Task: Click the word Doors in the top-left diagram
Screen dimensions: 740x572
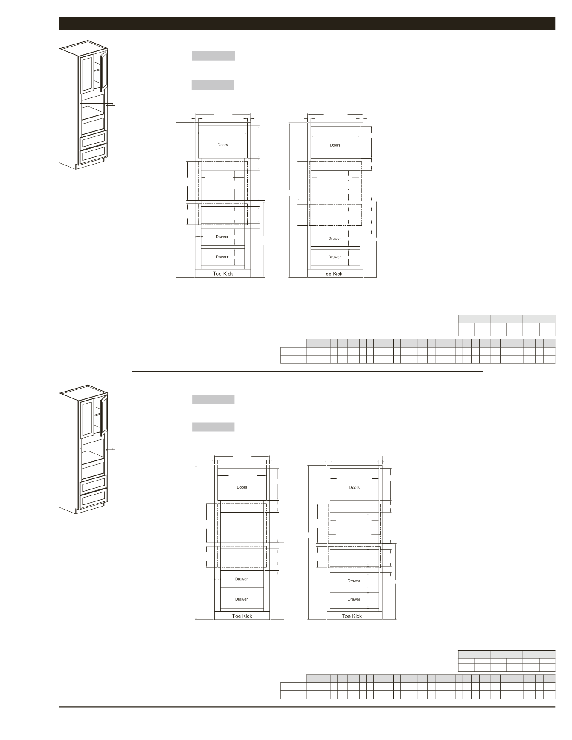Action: tap(222, 145)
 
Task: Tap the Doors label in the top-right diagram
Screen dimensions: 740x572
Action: tap(335, 145)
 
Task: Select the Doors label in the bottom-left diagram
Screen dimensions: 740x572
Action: tap(242, 487)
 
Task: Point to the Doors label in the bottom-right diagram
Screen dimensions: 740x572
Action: tap(354, 488)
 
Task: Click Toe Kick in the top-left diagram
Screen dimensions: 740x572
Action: tap(223, 274)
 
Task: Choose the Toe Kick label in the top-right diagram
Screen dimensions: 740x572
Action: tap(333, 274)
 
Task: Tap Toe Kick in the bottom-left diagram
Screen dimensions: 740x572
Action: tap(242, 616)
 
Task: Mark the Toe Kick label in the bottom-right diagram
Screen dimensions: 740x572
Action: tap(352, 616)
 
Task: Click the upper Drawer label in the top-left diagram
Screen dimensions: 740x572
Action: tap(222, 237)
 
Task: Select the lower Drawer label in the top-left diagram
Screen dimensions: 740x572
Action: tap(222, 257)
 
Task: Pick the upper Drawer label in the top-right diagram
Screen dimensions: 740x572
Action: tap(335, 239)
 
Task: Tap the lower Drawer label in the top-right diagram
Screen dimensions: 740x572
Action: tap(335, 257)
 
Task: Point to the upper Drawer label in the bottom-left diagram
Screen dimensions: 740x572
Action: tap(241, 579)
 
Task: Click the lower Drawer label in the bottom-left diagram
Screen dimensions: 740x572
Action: tap(241, 599)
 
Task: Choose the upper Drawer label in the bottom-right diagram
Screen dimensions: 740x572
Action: tap(354, 581)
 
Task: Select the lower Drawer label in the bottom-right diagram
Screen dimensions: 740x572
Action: tap(354, 599)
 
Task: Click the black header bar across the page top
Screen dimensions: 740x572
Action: tap(307, 24)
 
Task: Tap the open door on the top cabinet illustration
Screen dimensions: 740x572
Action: tap(104, 71)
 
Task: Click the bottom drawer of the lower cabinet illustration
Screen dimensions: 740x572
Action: tap(94, 498)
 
